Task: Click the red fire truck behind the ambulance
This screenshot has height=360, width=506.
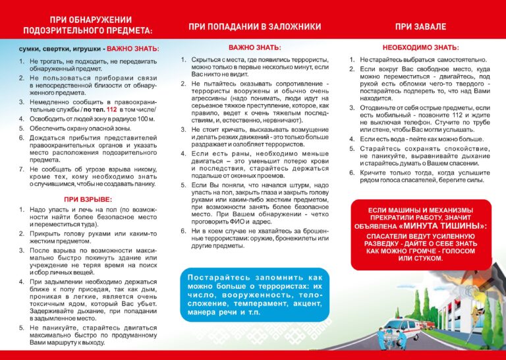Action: point(428,325)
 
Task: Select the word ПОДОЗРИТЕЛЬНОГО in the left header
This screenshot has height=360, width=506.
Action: point(60,31)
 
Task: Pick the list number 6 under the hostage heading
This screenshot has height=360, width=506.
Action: point(184,231)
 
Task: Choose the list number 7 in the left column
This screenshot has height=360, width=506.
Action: point(21,169)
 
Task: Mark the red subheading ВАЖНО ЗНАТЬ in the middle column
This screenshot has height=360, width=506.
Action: point(254,48)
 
